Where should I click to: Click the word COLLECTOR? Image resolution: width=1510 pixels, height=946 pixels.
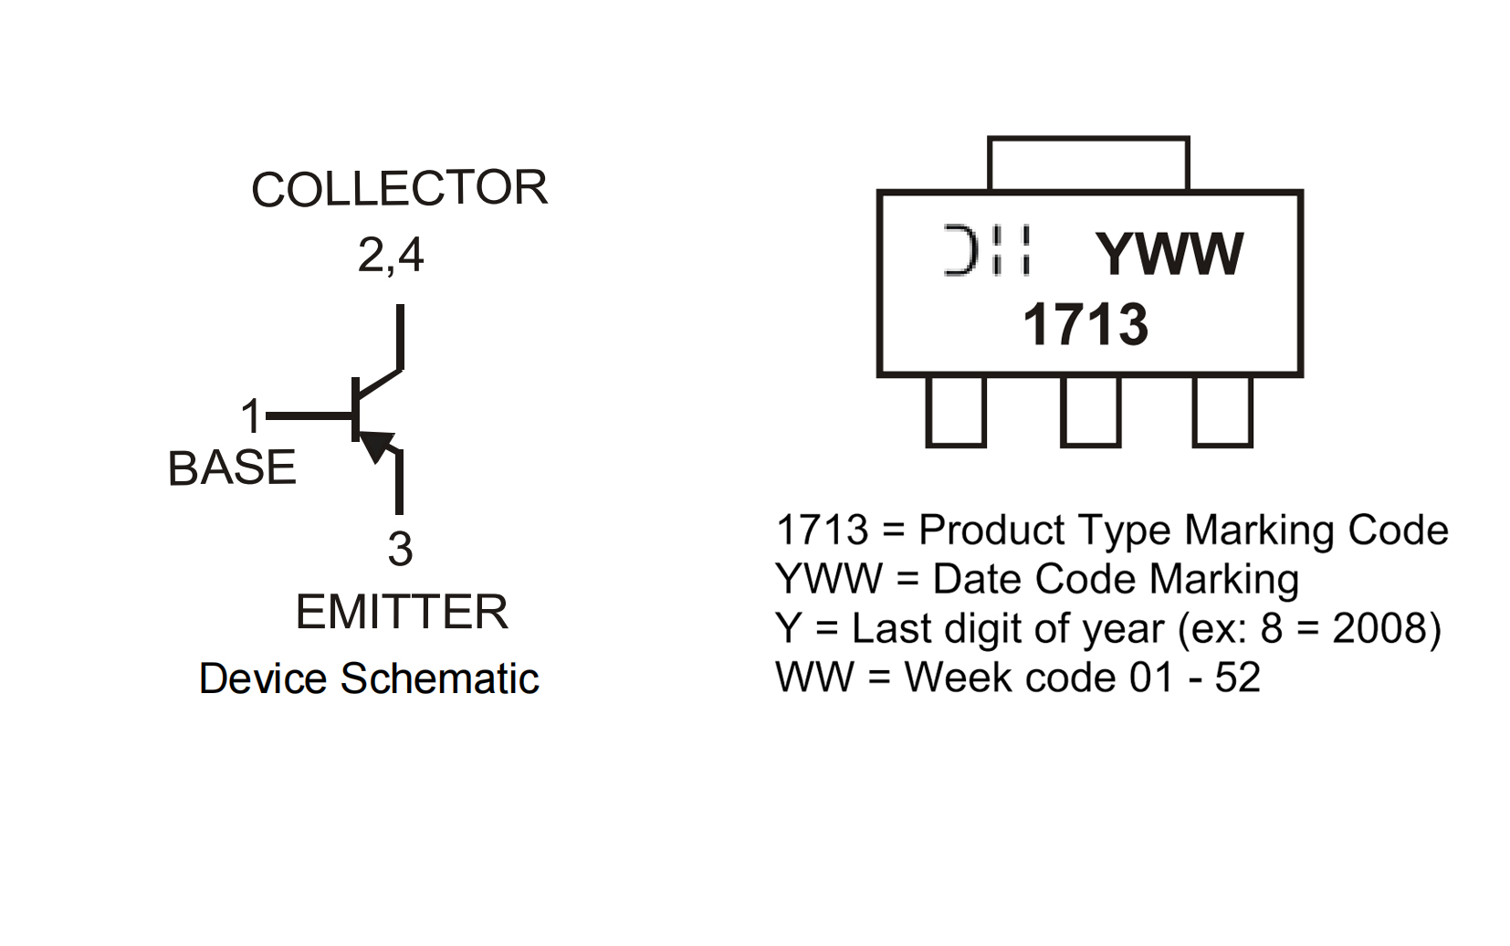(399, 189)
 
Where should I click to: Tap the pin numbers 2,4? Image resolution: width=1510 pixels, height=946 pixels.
(391, 255)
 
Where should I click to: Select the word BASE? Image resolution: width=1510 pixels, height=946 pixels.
(232, 468)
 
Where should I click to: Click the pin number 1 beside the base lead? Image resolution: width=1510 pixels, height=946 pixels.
(251, 416)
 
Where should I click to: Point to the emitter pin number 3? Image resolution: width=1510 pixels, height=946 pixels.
(400, 550)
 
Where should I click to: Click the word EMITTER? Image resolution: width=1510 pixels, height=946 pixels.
(402, 612)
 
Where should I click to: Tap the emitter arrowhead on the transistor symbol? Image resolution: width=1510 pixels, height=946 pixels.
(377, 445)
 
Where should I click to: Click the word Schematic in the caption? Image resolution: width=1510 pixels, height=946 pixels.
(439, 679)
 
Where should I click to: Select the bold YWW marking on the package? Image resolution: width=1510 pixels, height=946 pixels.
(1169, 254)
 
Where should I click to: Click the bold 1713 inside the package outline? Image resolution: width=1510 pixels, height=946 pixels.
(1085, 325)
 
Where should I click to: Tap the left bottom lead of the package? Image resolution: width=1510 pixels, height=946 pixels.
(956, 412)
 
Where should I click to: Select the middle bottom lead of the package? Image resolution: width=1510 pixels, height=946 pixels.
(1090, 412)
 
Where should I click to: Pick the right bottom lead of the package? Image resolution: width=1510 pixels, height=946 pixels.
(1222, 412)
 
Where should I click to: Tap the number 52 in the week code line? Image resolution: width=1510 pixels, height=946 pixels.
(1237, 678)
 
